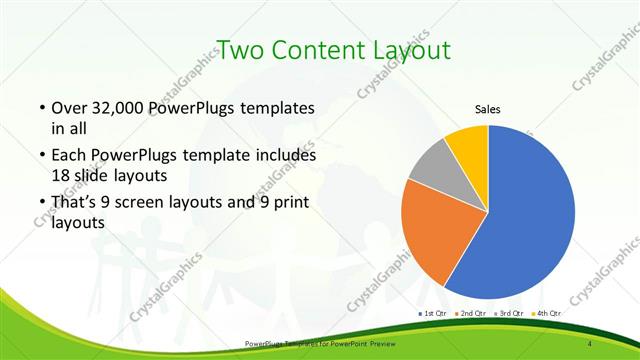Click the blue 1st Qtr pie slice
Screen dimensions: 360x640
[x=530, y=215]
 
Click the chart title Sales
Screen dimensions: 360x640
[x=487, y=110]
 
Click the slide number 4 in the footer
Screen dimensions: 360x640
[x=590, y=344]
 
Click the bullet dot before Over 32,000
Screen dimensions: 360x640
[x=41, y=108]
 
